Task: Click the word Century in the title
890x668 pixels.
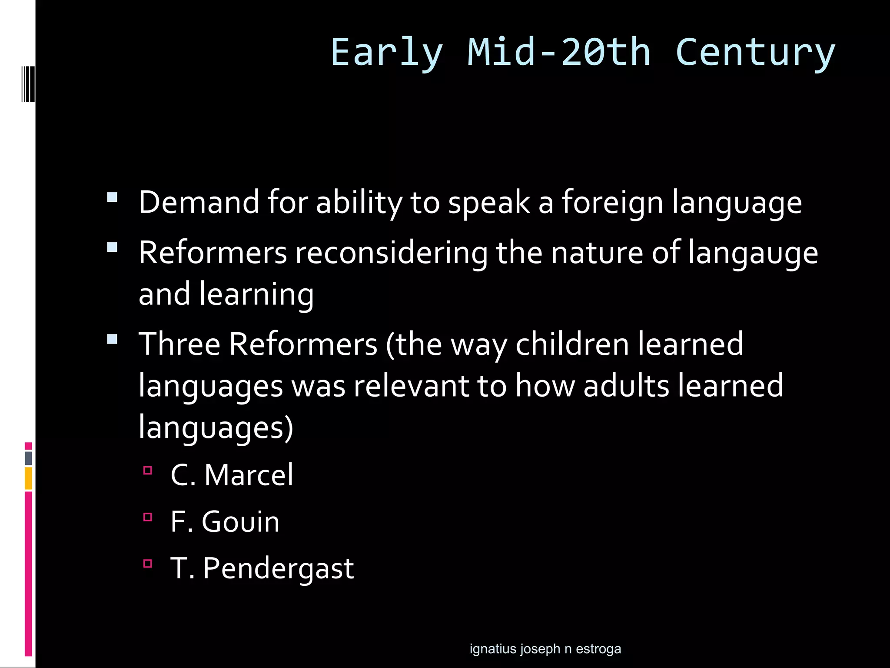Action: tap(755, 53)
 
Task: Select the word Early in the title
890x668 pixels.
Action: tap(387, 53)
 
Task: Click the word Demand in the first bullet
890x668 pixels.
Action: tap(199, 202)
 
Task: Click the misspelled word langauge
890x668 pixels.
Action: tap(753, 253)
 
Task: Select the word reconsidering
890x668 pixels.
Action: tap(392, 253)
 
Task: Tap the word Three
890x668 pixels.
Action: tap(179, 344)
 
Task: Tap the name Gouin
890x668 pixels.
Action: tap(240, 521)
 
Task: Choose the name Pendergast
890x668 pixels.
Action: tap(278, 568)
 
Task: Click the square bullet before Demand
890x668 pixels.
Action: tap(112, 197)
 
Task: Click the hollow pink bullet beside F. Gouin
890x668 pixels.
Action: tap(148, 517)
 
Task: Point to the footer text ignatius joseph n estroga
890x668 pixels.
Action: tap(545, 649)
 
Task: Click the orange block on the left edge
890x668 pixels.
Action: tap(28, 478)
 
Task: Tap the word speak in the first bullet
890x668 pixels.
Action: tap(489, 202)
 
